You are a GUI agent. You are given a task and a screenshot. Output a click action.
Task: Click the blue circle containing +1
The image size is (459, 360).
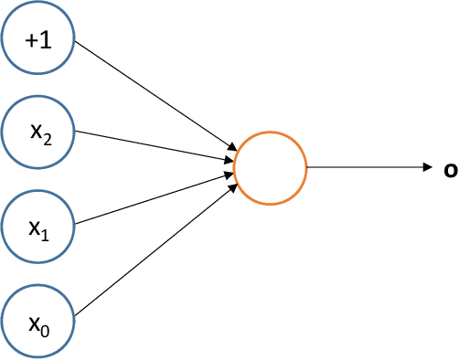tap(37, 40)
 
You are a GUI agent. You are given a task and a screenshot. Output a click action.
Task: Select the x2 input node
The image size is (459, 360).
tap(37, 132)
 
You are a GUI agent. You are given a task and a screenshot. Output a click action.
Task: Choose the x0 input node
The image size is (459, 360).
tap(37, 319)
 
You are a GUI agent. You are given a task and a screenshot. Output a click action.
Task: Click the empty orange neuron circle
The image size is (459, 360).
tap(270, 167)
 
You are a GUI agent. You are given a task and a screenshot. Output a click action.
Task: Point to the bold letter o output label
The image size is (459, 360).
tap(450, 168)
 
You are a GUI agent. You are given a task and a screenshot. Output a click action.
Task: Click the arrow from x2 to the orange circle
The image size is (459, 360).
tap(151, 146)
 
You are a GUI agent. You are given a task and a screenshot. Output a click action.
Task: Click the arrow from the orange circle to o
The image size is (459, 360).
tap(366, 167)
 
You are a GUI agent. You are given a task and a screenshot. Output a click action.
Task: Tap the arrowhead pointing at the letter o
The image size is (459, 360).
tap(427, 167)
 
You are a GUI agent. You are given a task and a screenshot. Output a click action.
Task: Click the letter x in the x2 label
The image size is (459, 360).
tap(35, 132)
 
